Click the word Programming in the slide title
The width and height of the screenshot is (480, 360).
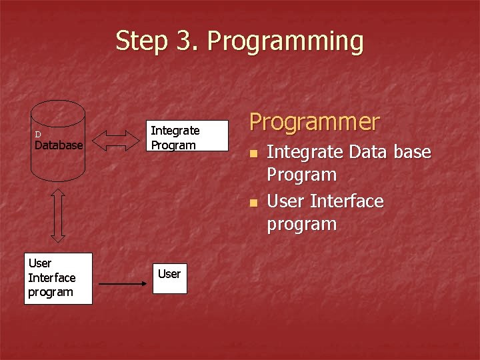pos(285,41)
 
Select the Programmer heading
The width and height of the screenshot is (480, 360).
pos(314,122)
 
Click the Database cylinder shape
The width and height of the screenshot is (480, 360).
pos(59,160)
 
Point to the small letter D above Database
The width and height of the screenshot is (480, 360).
pos(38,135)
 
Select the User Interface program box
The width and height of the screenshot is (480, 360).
pos(58,278)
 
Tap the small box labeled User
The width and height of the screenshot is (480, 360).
pos(169,274)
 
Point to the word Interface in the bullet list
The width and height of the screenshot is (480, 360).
pos(347,201)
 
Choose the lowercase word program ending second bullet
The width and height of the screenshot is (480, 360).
pos(301,225)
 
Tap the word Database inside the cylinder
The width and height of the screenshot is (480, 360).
pos(59,145)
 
